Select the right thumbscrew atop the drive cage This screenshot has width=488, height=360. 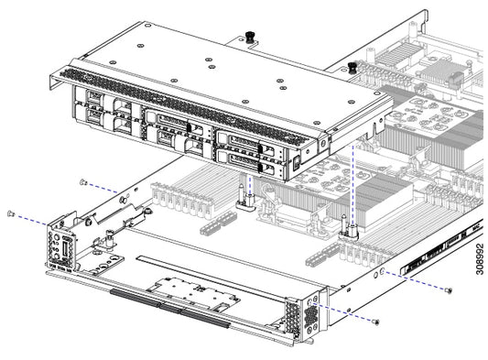[352, 68]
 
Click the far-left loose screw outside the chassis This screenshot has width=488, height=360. [10, 213]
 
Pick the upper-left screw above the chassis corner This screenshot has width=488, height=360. [82, 182]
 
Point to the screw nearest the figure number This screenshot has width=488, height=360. [450, 289]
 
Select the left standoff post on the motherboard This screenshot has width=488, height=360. [246, 196]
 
